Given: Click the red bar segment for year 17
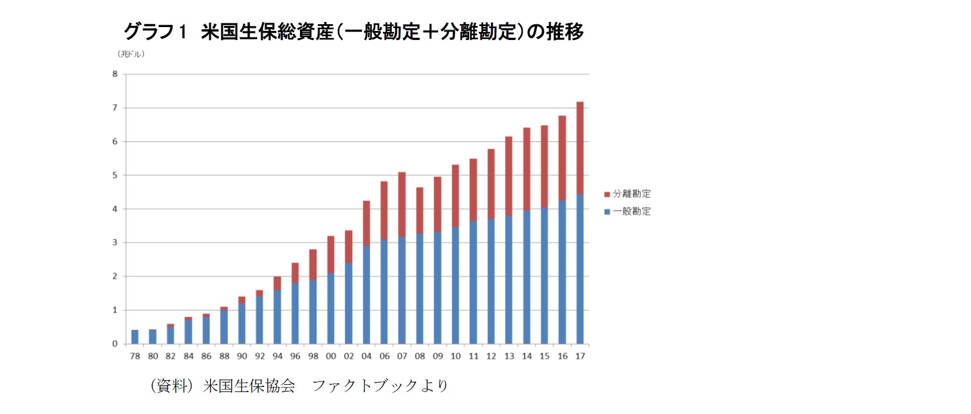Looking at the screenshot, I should point(580,148).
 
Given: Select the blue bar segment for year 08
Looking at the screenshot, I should point(420,288).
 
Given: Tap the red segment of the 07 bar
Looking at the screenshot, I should point(401,204).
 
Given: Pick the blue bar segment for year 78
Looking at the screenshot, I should point(135,337).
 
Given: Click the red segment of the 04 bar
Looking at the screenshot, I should point(367,223).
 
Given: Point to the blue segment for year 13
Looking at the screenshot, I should point(509,279).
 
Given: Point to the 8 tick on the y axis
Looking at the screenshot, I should point(115,74).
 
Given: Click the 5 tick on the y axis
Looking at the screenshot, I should point(115,175).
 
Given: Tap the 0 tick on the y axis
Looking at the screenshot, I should point(115,344).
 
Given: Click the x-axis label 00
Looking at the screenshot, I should point(331,356).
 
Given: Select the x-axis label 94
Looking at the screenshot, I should point(277,356).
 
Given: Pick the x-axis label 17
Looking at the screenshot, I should point(580,356).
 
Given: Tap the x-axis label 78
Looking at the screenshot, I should point(135,356).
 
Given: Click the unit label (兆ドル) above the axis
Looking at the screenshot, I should point(131,54).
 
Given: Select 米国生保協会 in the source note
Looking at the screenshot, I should point(249,386).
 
